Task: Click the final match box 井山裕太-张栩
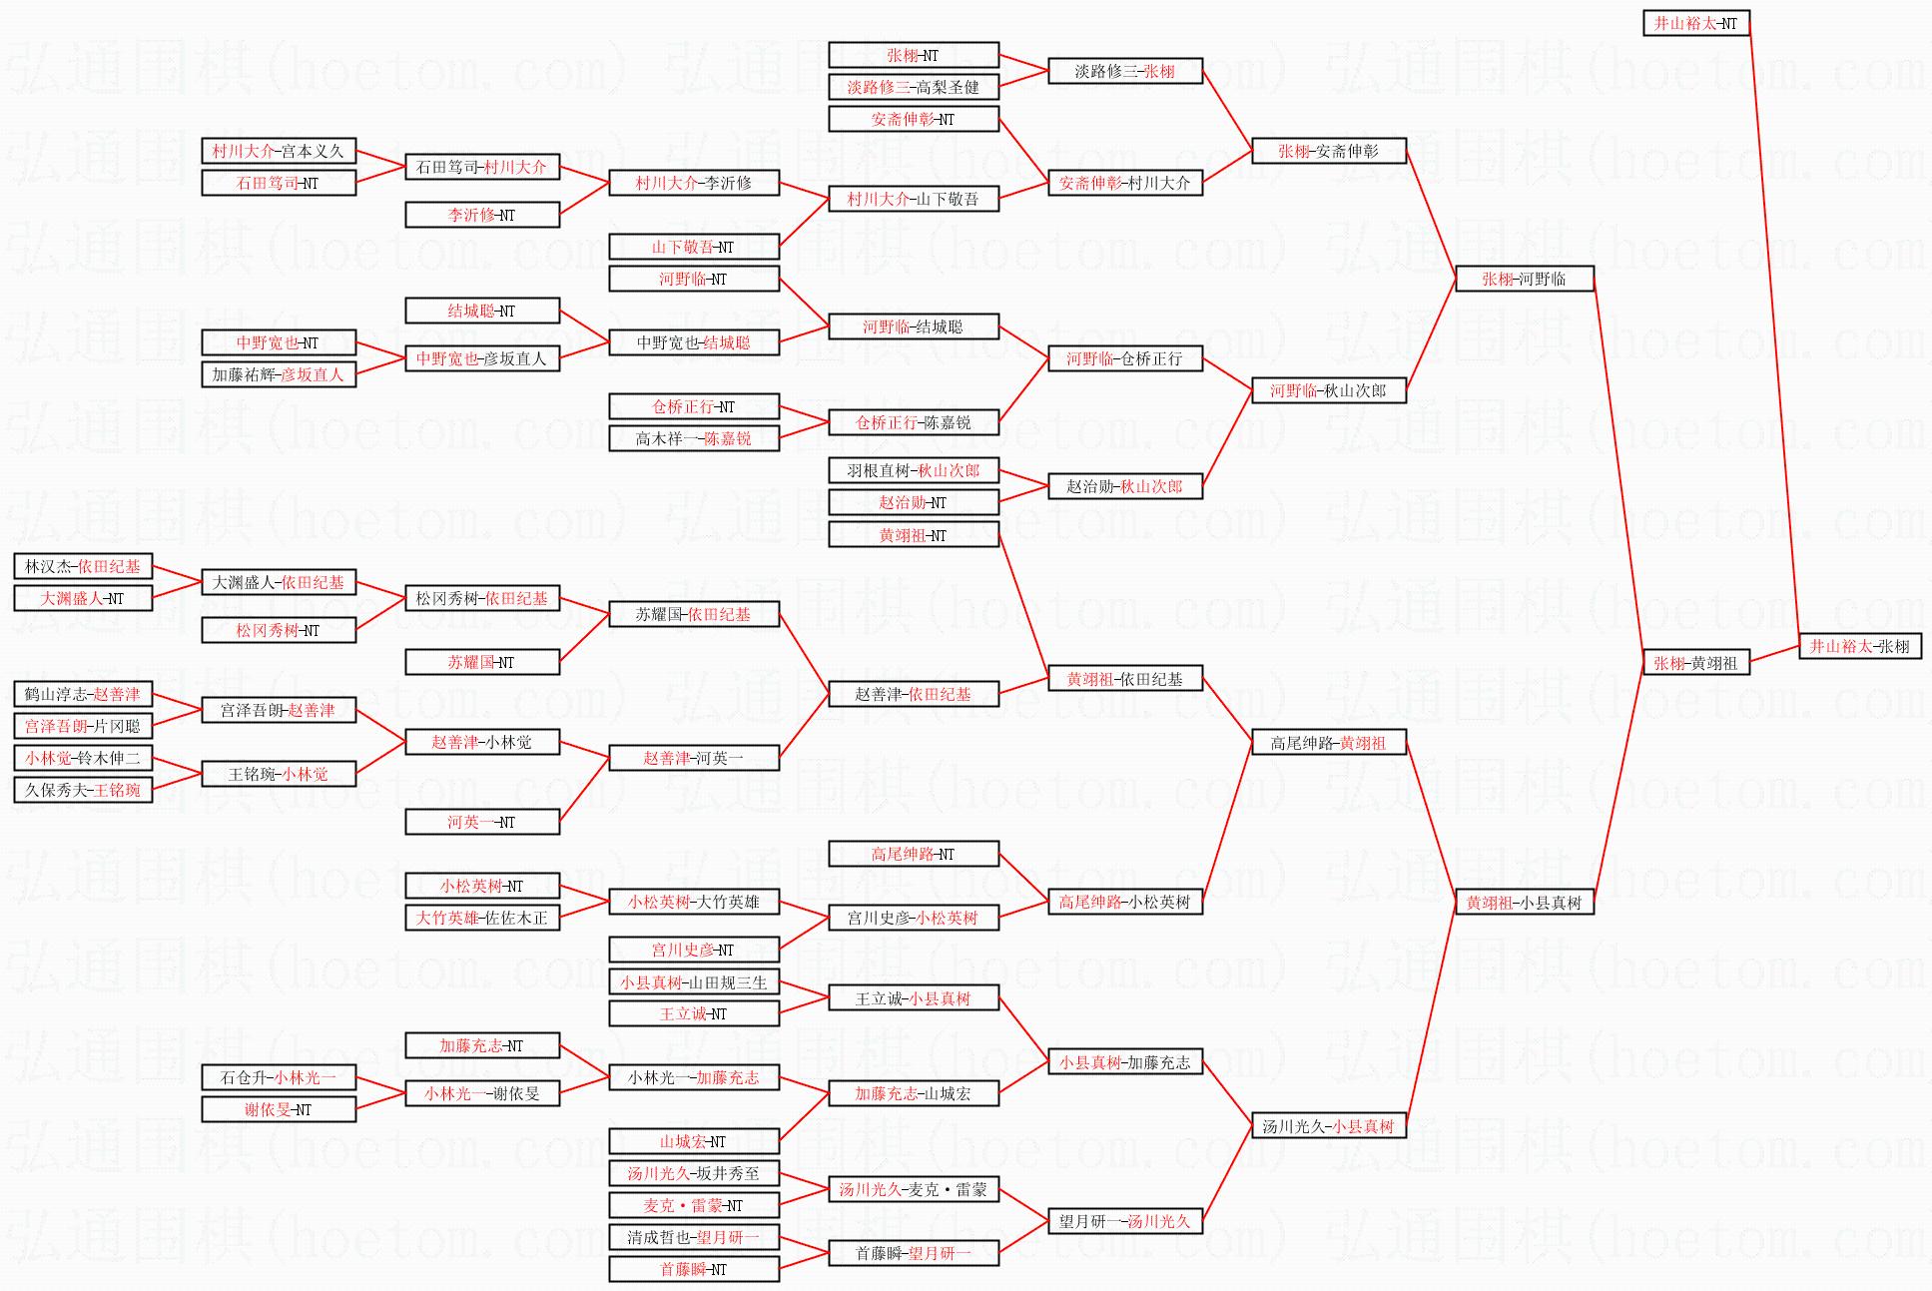[1860, 647]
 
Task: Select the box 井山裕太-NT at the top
[1696, 23]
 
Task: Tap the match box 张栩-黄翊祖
[1696, 662]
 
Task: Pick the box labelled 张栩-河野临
[1524, 279]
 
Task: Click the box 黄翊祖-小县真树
[1524, 903]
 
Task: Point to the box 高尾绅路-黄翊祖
[1329, 742]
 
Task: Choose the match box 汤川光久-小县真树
[1329, 1126]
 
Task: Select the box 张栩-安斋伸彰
[1329, 151]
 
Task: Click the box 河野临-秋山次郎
[1329, 390]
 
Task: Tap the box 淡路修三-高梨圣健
[914, 87]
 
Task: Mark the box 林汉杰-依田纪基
[83, 566]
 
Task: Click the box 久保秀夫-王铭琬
[83, 790]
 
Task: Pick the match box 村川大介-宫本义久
[279, 151]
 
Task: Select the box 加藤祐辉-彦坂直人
[279, 374]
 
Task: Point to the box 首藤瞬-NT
[694, 1269]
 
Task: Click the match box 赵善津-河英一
[694, 758]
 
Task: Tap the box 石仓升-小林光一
[279, 1077]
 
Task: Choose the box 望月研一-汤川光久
[1125, 1221]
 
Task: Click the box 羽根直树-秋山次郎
[914, 470]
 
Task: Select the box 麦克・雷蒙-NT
[694, 1205]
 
